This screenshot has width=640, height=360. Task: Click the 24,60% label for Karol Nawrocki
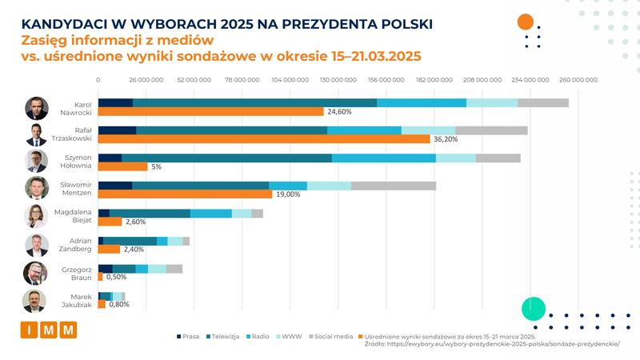[339, 111]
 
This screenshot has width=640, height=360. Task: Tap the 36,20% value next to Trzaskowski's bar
[445, 138]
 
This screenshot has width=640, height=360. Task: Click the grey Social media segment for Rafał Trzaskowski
[491, 130]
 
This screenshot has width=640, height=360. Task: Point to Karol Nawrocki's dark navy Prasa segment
[115, 102]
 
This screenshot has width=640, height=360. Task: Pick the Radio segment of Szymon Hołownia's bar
[383, 158]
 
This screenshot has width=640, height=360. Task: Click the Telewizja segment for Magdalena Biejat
[150, 214]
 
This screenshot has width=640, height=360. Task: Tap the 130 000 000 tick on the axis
[338, 80]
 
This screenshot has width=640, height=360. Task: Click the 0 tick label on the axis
[98, 80]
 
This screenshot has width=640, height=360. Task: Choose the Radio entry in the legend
[257, 337]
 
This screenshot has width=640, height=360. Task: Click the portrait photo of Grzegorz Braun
[36, 273]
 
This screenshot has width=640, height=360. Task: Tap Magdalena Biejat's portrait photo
[36, 217]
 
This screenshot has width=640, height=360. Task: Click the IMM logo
[49, 330]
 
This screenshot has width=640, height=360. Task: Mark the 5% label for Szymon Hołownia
[156, 166]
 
